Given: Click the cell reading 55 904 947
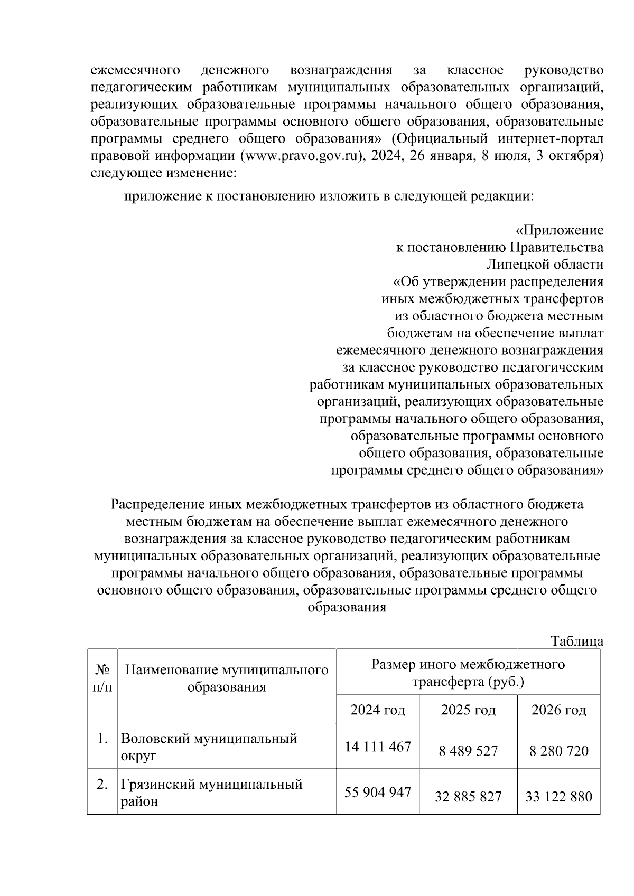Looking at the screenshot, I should [378, 792].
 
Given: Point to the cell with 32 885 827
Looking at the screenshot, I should [468, 796].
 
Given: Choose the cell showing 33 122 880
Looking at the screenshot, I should [558, 796].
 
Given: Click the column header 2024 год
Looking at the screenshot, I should [378, 710].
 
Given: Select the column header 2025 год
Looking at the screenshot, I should [468, 710].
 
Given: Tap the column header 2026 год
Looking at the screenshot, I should [558, 710].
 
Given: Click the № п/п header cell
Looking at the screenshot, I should [102, 678].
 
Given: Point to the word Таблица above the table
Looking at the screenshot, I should [577, 642].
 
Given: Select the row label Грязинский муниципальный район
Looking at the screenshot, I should [211, 792].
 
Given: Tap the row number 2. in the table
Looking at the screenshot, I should [102, 785].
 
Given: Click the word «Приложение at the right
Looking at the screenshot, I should [559, 230].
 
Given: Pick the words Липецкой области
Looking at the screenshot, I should [545, 265].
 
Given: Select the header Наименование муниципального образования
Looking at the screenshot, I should [227, 678].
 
